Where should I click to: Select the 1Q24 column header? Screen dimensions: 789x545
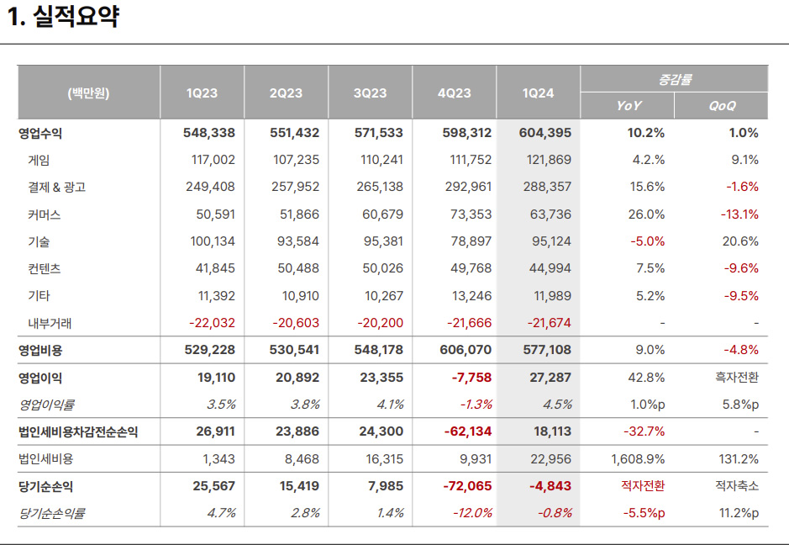pyautogui.click(x=538, y=93)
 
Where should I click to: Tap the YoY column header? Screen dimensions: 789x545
pyautogui.click(x=629, y=106)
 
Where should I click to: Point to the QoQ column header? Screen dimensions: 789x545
pyautogui.click(x=722, y=106)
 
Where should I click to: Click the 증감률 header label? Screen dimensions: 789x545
pyautogui.click(x=674, y=79)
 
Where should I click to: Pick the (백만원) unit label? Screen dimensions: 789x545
pyautogui.click(x=88, y=93)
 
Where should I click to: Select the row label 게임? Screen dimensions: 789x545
pyautogui.click(x=39, y=160)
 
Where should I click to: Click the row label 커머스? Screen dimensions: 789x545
pyautogui.click(x=45, y=214)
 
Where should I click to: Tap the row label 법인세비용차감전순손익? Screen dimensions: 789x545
pyautogui.click(x=78, y=431)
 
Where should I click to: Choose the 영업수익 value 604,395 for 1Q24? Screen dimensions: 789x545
pyautogui.click(x=545, y=133)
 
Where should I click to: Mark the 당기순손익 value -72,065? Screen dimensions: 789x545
pyautogui.click(x=467, y=486)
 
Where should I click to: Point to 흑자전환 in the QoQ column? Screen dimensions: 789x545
pyautogui.click(x=737, y=378)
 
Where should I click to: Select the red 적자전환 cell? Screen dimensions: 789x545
pyautogui.click(x=643, y=485)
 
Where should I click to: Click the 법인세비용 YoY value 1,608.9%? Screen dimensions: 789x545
pyautogui.click(x=638, y=459)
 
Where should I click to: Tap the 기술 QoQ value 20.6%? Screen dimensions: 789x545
pyautogui.click(x=740, y=241)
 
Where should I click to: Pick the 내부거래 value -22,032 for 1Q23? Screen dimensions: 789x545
pyautogui.click(x=212, y=323)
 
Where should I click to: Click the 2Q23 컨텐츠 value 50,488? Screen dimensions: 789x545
pyautogui.click(x=298, y=268)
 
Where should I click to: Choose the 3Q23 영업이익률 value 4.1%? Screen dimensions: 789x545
pyautogui.click(x=390, y=405)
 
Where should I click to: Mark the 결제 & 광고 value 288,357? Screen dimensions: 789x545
pyautogui.click(x=547, y=187)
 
